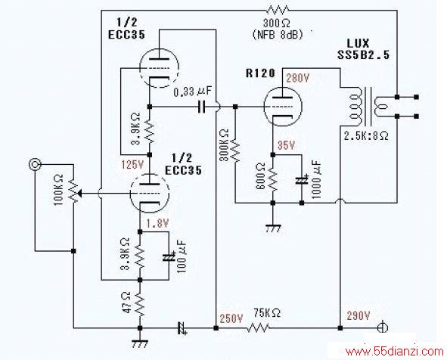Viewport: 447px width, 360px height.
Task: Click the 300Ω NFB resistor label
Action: point(277,23)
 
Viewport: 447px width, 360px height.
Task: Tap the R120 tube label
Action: point(260,73)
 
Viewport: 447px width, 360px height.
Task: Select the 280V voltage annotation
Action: point(297,78)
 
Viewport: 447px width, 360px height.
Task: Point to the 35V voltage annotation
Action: point(286,145)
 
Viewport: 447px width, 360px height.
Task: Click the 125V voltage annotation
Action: point(132,164)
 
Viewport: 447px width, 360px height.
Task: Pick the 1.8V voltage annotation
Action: point(157,223)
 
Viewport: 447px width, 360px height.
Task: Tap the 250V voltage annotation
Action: point(231,318)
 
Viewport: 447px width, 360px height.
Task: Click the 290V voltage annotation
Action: point(359,315)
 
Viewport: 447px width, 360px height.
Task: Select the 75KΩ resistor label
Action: point(267,313)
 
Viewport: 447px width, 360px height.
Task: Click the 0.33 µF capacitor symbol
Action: point(202,107)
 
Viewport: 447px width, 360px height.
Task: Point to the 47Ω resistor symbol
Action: point(140,304)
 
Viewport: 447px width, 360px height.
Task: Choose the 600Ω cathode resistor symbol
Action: point(273,179)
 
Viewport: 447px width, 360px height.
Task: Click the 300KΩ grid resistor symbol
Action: point(235,151)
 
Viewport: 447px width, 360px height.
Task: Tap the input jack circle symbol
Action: point(35,164)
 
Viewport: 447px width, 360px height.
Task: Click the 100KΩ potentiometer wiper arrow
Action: point(79,194)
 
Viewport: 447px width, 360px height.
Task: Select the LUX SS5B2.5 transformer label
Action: point(363,49)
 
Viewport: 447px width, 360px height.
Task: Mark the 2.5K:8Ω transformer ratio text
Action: point(366,135)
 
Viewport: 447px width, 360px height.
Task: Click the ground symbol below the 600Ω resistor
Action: point(273,228)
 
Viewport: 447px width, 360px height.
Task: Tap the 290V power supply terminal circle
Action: point(382,327)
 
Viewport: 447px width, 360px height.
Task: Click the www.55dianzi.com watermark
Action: point(395,352)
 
